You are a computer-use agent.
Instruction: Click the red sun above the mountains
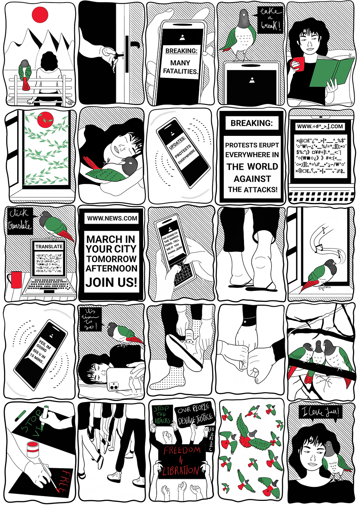pyautogui.click(x=40, y=14)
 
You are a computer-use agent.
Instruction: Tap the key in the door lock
pyautogui.click(x=117, y=56)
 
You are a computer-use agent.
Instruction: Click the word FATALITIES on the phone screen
pyautogui.click(x=180, y=71)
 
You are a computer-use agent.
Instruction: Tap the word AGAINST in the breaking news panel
pyautogui.click(x=252, y=179)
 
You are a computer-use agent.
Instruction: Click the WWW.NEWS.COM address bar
pyautogui.click(x=112, y=218)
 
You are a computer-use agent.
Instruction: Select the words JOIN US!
pyautogui.click(x=111, y=282)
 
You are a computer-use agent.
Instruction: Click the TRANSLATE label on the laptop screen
pyautogui.click(x=49, y=246)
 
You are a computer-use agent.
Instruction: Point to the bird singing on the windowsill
pyautogui.click(x=322, y=274)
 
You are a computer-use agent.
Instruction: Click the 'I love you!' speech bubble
pyautogui.click(x=320, y=412)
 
